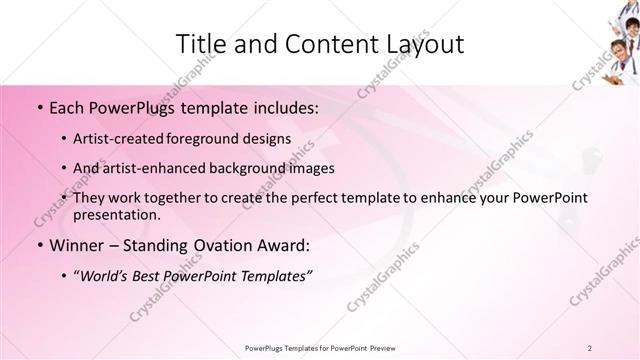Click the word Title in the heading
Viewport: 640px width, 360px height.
click(202, 43)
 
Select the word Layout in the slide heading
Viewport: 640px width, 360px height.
click(425, 43)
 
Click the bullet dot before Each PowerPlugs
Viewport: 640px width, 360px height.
click(38, 106)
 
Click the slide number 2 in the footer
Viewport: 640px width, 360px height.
click(590, 347)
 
